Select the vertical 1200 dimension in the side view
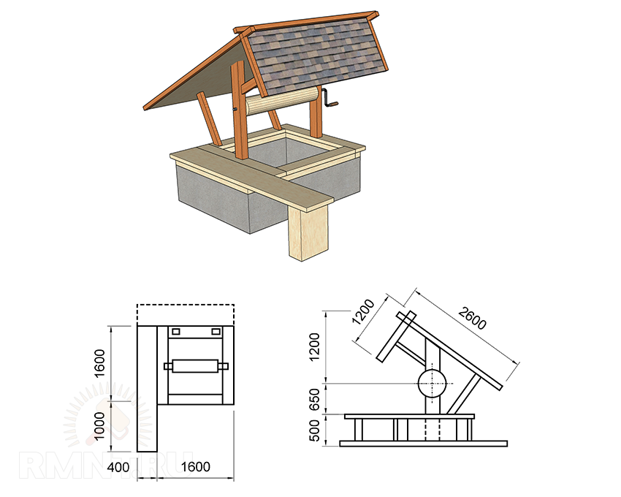(315, 347)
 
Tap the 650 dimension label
(315, 398)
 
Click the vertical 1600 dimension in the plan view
(100, 363)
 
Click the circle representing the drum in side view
(431, 382)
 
